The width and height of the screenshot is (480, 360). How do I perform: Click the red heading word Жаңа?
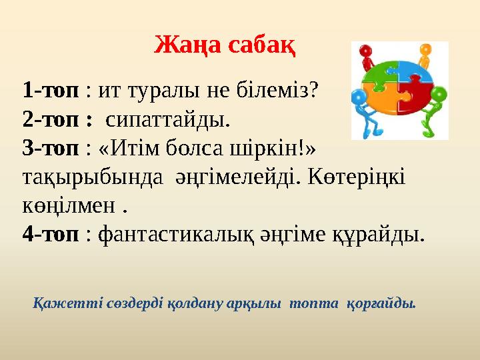pos(187,45)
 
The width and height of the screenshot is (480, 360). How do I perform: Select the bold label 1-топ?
pos(51,89)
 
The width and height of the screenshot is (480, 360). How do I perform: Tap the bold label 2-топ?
pos(51,120)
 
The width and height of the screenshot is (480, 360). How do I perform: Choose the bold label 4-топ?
pos(51,235)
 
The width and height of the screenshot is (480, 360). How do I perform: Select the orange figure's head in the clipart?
pos(424,49)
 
